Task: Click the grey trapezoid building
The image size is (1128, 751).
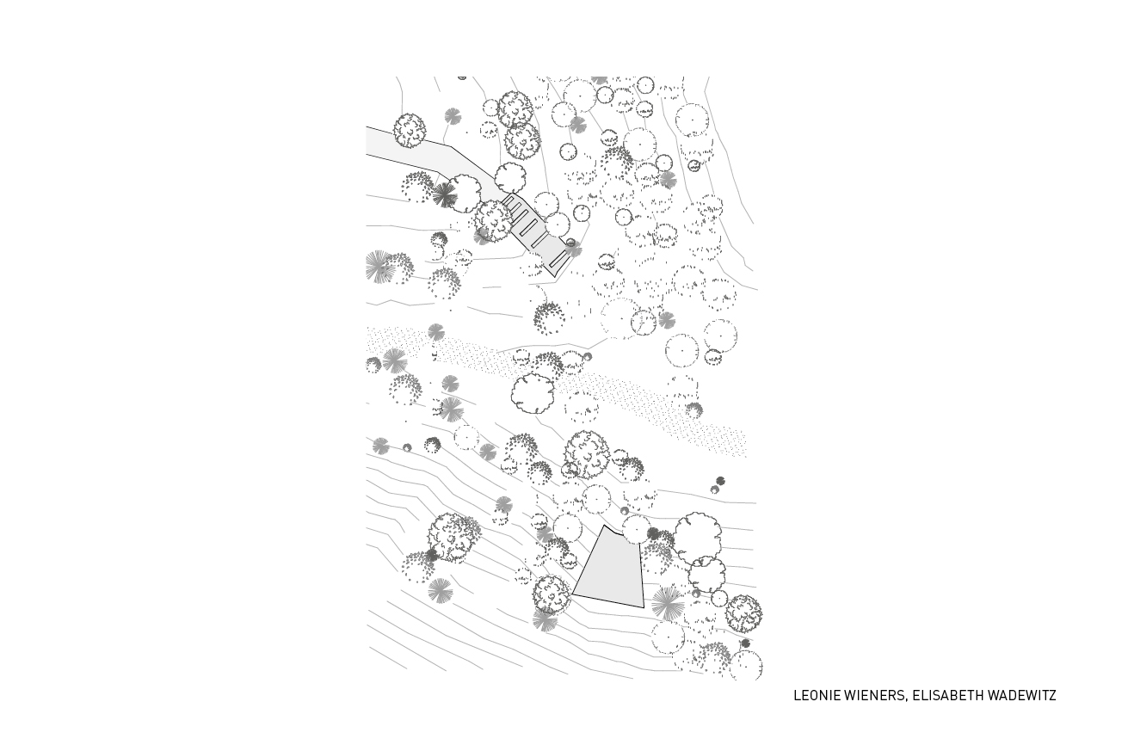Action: pos(610,571)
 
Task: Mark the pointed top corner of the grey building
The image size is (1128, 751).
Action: pos(604,526)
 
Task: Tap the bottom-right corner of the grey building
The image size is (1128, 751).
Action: pos(644,607)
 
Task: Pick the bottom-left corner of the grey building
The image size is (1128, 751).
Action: pos(572,594)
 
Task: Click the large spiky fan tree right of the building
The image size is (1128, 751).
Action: pos(668,603)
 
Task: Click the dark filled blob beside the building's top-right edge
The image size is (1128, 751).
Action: pos(653,533)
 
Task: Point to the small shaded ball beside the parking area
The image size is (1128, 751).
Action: pos(570,243)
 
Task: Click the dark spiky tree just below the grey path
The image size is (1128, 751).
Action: pos(444,194)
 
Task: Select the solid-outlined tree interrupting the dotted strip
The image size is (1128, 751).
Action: pos(533,397)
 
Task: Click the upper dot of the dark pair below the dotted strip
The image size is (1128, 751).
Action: pos(720,481)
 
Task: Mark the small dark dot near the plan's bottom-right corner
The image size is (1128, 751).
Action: pos(745,643)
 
